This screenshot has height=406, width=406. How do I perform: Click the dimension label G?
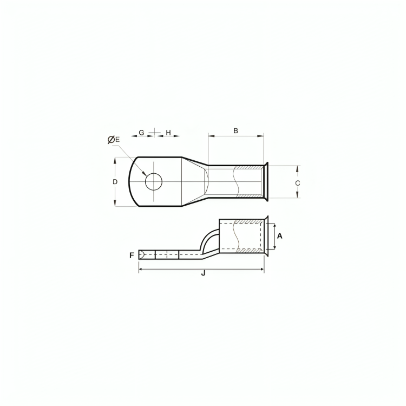141,133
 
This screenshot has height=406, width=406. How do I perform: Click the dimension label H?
168,133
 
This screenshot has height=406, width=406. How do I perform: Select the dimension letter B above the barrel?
235,131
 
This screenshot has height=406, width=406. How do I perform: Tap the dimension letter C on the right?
298,184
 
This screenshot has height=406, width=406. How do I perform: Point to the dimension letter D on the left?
115,182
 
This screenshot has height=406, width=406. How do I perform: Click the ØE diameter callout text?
114,140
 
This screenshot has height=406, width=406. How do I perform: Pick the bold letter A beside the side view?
280,236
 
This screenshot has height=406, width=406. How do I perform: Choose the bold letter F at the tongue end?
132,256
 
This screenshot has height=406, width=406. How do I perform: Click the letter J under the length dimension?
203,273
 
